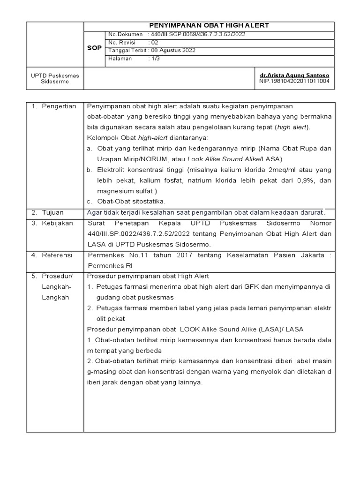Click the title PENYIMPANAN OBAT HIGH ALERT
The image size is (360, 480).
tap(209, 26)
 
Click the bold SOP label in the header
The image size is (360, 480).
tap(94, 48)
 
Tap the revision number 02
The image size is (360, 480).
tap(155, 43)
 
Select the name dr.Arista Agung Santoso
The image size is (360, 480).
tap(294, 75)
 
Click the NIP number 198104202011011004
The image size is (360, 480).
tap(294, 81)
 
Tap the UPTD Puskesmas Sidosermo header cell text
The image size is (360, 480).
tap(55, 78)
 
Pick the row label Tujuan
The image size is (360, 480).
tap(52, 212)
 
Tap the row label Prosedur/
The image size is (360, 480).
tap(57, 276)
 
